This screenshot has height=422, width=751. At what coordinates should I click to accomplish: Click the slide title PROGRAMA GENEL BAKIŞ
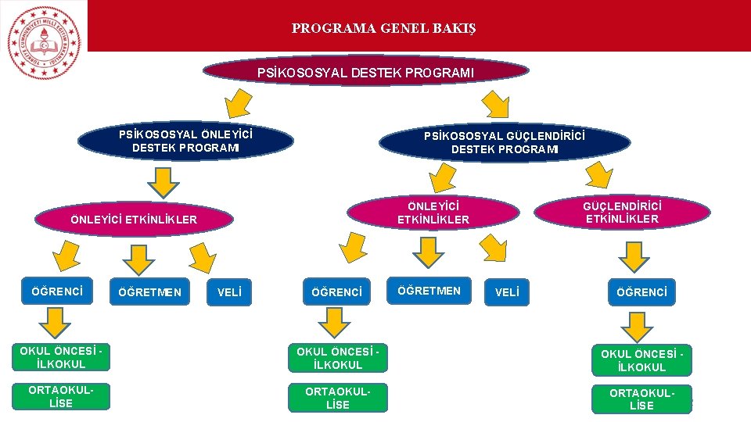(x=383, y=29)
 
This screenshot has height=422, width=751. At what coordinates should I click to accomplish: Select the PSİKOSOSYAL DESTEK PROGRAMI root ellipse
(x=365, y=72)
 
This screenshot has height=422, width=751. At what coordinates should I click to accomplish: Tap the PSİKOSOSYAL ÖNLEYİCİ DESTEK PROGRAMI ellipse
(x=185, y=141)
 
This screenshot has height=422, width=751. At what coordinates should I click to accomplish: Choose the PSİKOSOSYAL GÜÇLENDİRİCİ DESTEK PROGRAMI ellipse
(x=505, y=142)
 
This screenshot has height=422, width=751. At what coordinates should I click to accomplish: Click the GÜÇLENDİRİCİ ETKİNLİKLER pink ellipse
(x=622, y=212)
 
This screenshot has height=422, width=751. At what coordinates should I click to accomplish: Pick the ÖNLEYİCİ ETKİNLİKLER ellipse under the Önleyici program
(x=134, y=220)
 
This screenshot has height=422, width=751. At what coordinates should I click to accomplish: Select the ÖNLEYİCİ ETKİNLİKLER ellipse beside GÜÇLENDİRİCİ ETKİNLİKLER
(x=433, y=212)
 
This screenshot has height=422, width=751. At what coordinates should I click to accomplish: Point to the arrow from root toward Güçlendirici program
(x=495, y=101)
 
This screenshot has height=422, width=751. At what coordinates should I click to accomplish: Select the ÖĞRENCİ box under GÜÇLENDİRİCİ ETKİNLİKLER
(x=641, y=292)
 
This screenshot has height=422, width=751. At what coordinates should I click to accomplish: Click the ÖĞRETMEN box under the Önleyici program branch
(x=149, y=292)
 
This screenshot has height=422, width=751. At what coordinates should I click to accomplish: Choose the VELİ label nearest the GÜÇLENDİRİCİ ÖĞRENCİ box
(x=506, y=292)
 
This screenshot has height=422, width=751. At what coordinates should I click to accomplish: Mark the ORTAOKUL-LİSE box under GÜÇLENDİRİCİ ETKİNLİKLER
(x=641, y=399)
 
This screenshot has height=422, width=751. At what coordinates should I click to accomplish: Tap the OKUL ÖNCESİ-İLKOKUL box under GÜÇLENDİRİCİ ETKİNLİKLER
(x=641, y=360)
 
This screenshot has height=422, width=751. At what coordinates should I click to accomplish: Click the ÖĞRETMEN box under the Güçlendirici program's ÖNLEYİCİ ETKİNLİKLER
(x=429, y=291)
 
